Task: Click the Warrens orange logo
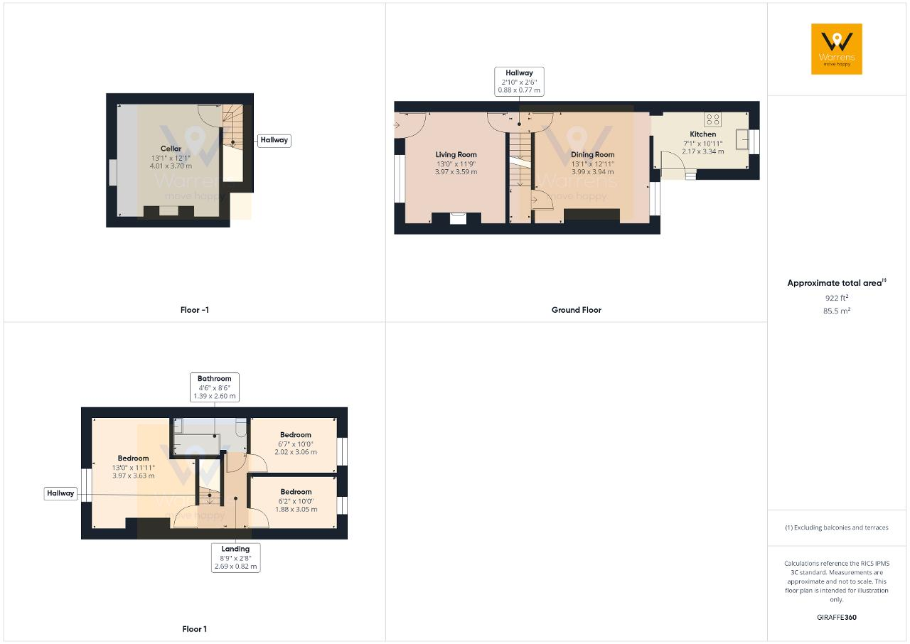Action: tap(837, 49)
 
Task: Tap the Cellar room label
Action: tap(171, 149)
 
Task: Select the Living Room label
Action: tap(456, 154)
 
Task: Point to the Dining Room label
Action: tap(592, 154)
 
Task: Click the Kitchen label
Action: tap(703, 134)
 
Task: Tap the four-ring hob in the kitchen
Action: tap(713, 119)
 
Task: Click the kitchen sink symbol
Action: tap(742, 139)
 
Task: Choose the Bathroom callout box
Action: tap(215, 387)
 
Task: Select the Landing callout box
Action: tap(235, 557)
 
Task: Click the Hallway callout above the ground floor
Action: tap(519, 82)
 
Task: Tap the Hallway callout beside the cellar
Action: tap(274, 140)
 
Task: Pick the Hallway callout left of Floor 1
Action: tap(60, 493)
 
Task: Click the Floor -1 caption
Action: tap(195, 310)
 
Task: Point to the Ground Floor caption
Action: tap(576, 310)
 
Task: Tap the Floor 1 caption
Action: tap(194, 629)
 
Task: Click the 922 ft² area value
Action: tap(837, 298)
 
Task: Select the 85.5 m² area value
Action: tap(837, 311)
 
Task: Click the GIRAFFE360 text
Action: tap(837, 617)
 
